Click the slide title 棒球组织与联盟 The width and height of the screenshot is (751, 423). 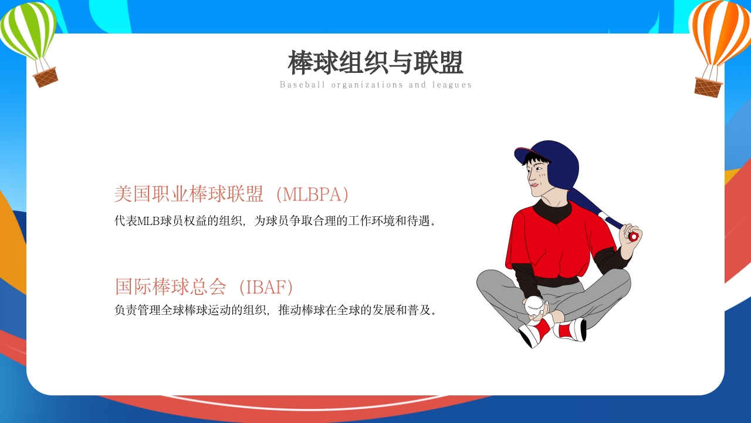click(x=375, y=62)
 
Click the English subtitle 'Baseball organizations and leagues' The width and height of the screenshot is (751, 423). click(x=375, y=85)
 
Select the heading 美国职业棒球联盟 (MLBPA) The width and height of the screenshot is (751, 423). click(x=232, y=194)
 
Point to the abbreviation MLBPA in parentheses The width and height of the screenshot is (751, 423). click(x=312, y=194)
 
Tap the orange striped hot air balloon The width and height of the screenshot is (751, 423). click(x=720, y=32)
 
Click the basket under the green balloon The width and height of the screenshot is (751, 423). click(x=45, y=78)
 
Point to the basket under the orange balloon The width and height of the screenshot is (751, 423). click(x=708, y=87)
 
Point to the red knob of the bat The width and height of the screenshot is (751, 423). click(x=633, y=236)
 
